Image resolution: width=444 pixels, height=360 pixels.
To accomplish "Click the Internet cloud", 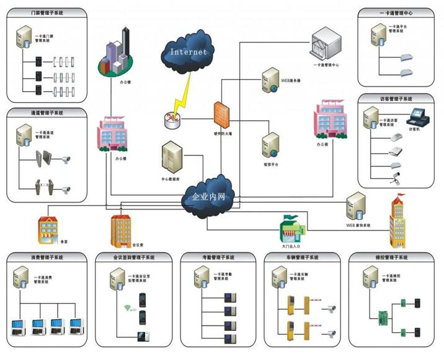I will tap(187, 52).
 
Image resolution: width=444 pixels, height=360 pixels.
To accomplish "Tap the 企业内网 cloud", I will tap(208, 198).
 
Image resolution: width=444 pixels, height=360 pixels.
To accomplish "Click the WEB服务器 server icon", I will tap(269, 81).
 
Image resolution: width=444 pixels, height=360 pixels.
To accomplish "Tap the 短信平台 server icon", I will tap(270, 145).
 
